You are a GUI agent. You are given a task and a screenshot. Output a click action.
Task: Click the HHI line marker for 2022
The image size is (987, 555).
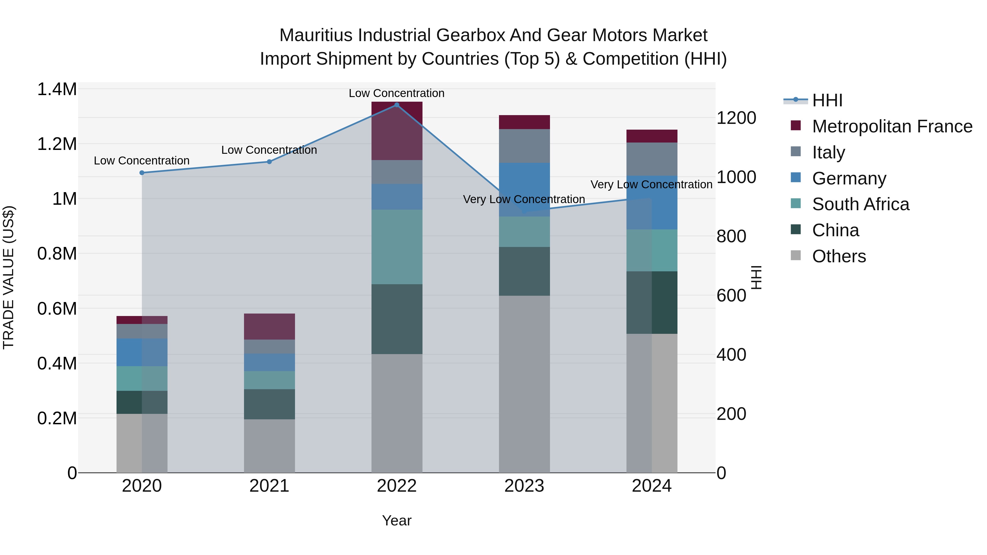point(396,105)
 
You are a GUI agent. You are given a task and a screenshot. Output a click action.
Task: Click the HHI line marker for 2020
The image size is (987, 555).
point(142,173)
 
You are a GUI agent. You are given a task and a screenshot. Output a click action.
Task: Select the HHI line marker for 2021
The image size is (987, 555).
point(269,162)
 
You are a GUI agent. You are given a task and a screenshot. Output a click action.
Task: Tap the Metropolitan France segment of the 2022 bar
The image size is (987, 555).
point(396,131)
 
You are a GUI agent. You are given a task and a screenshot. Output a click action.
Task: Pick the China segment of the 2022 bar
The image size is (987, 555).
point(396,319)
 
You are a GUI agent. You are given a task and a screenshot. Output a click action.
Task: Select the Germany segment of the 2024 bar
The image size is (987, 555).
point(651,202)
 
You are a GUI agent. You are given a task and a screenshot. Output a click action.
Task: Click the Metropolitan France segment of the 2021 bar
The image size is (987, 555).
point(269,326)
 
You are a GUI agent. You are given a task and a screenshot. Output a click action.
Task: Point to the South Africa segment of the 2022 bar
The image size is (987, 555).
point(396,247)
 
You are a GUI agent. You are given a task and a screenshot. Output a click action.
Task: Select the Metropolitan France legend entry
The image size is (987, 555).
point(892,126)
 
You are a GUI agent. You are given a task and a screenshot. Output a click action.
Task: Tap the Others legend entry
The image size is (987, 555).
point(839,256)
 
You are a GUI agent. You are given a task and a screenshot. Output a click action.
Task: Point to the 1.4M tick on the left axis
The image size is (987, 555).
point(57,89)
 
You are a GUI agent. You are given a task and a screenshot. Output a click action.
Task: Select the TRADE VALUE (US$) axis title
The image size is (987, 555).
point(8,277)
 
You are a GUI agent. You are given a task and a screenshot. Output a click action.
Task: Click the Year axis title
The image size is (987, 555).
point(396,520)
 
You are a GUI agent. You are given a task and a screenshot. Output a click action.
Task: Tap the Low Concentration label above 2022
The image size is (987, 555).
point(396,93)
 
